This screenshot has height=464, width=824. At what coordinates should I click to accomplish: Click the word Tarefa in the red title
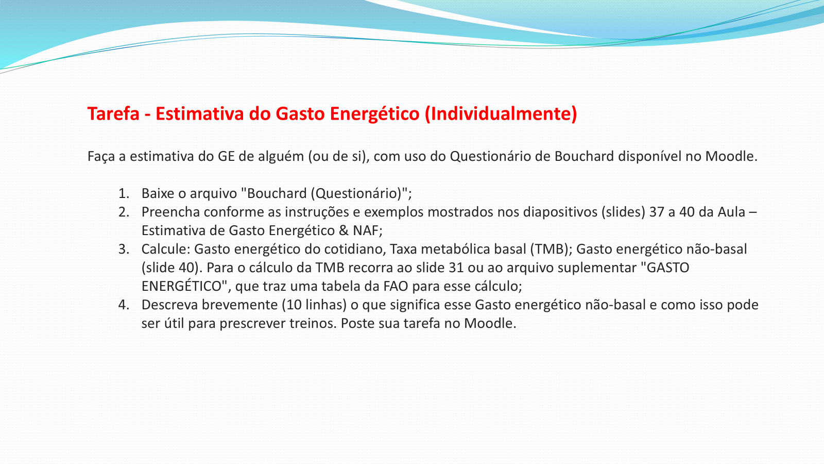[x=113, y=113]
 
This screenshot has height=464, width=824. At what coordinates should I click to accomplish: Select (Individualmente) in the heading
[x=501, y=114]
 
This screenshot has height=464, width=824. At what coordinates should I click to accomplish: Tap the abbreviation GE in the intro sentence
[x=226, y=157]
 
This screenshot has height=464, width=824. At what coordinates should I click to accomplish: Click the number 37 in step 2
[x=657, y=212]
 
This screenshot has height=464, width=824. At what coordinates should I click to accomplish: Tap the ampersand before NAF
[x=344, y=231]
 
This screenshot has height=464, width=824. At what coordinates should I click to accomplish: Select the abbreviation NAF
[x=366, y=231]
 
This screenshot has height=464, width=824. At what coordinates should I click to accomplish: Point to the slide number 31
[x=456, y=268]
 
